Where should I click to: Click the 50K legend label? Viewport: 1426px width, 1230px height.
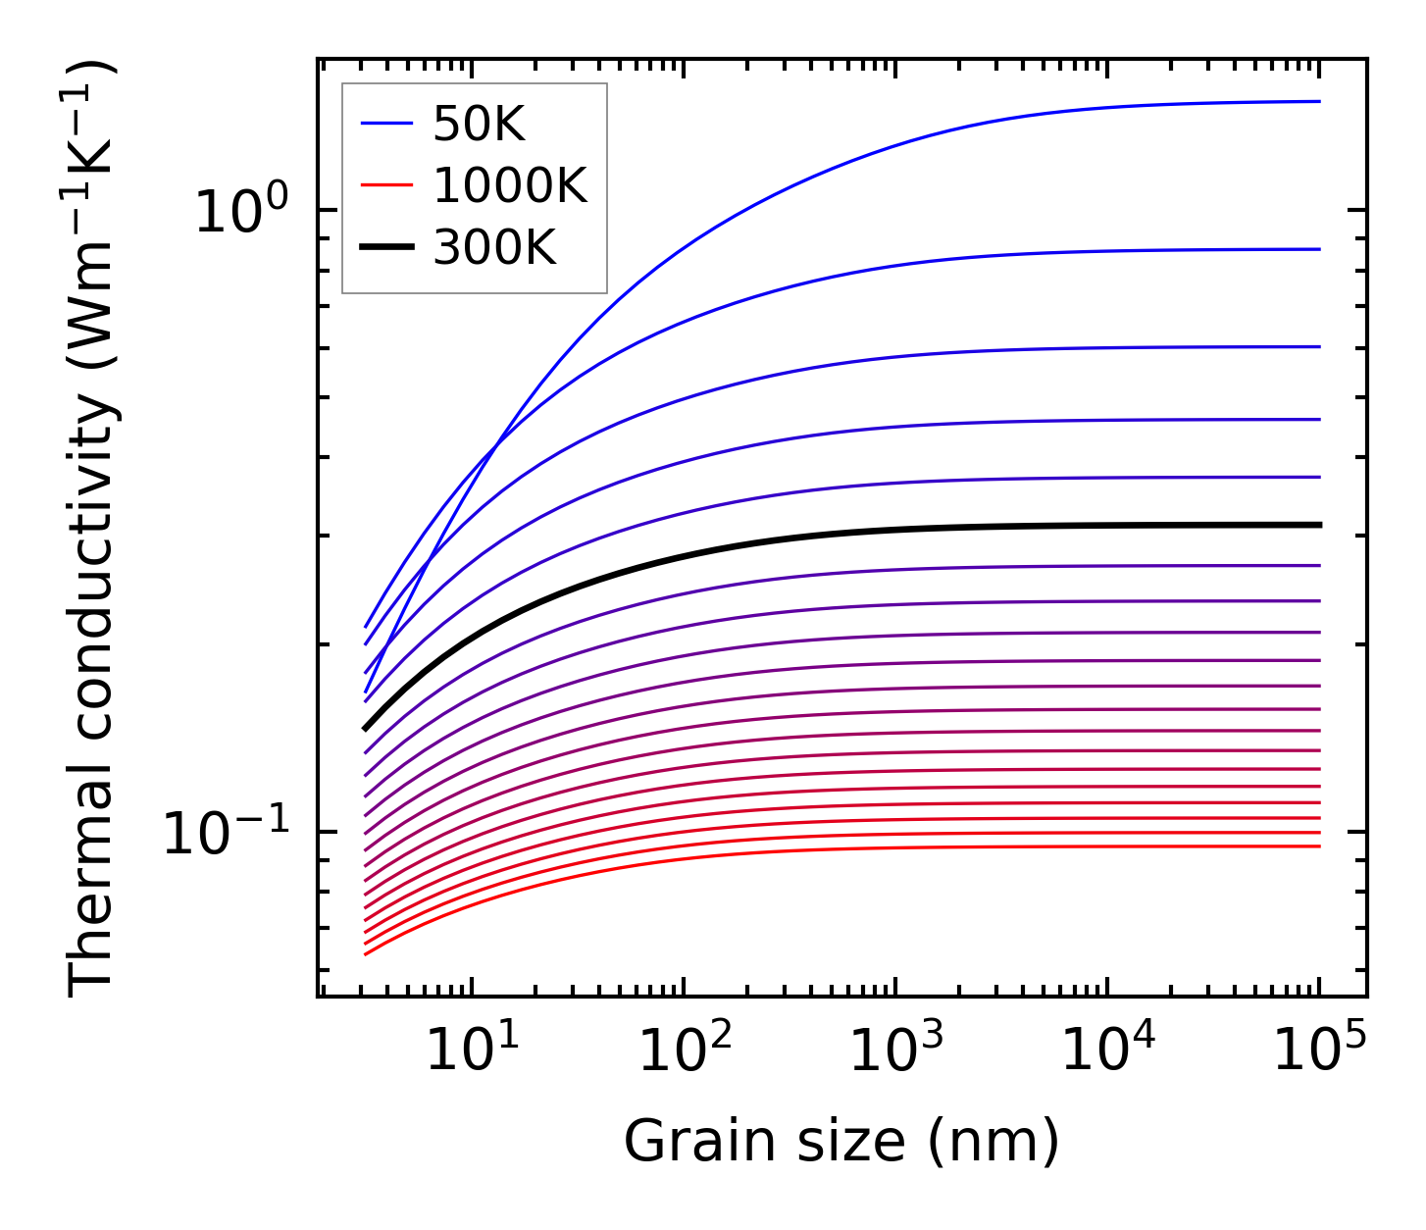pos(480,124)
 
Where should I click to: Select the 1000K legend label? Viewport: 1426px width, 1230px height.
pos(510,185)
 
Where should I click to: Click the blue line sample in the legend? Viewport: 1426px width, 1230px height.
pos(386,124)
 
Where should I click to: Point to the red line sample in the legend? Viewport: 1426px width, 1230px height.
pos(386,185)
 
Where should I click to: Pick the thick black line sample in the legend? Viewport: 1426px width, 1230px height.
pos(386,248)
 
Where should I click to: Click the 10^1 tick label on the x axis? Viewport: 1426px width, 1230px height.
pos(472,1051)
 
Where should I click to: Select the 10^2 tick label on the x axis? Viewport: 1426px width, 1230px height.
pos(684,1051)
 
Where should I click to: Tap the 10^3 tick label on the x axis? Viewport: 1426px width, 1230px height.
pos(895,1051)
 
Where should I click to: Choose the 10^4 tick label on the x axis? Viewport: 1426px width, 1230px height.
pos(1107,1051)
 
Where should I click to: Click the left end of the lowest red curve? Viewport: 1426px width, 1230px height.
pos(366,953)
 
